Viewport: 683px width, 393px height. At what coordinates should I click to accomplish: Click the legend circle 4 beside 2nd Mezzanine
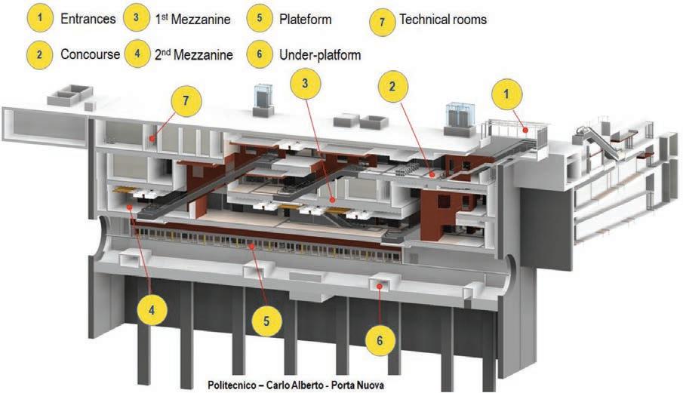137,54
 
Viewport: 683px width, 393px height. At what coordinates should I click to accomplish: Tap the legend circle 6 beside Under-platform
259,54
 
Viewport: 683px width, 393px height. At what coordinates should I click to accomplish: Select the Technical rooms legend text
443,20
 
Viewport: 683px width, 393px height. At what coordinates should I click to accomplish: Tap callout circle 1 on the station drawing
507,96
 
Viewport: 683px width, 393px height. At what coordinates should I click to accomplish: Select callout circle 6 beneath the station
379,340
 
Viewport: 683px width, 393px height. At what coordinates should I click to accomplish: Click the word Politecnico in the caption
236,385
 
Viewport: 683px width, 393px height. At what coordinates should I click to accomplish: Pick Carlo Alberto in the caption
297,385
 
